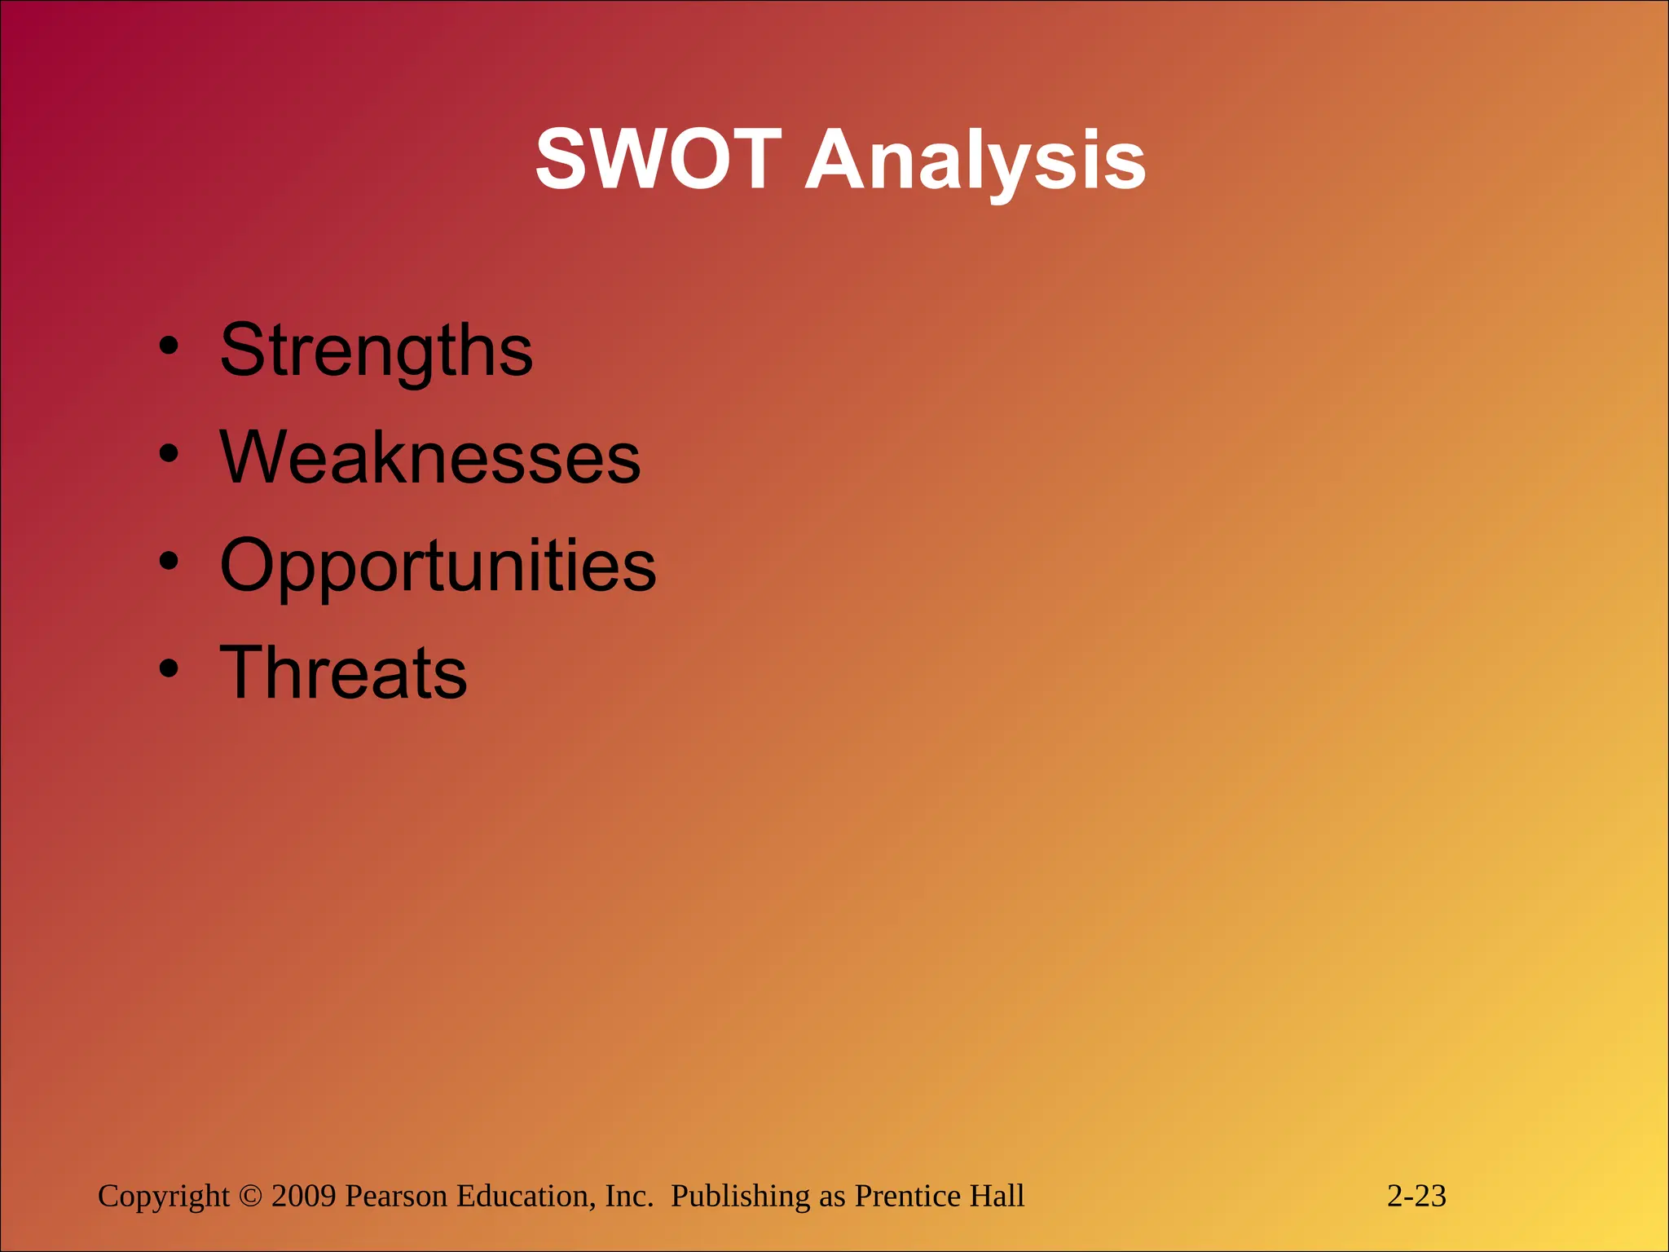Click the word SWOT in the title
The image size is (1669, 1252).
click(x=658, y=161)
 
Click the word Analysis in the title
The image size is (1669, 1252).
click(x=975, y=162)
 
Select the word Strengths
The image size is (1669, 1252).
click(x=376, y=350)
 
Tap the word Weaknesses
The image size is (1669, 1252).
click(x=429, y=457)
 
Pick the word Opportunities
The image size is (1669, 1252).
click(x=438, y=565)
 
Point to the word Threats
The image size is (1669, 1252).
click(x=343, y=672)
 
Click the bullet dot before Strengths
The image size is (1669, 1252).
click(x=169, y=346)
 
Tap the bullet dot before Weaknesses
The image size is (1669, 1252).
click(x=169, y=453)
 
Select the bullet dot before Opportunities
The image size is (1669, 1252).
click(x=169, y=561)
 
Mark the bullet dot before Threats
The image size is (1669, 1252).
click(x=169, y=668)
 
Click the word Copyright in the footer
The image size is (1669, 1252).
click(x=164, y=1197)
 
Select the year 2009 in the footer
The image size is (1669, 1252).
click(x=303, y=1197)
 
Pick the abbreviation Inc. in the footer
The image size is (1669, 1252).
click(x=629, y=1197)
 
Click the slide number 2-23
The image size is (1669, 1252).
click(x=1416, y=1197)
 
